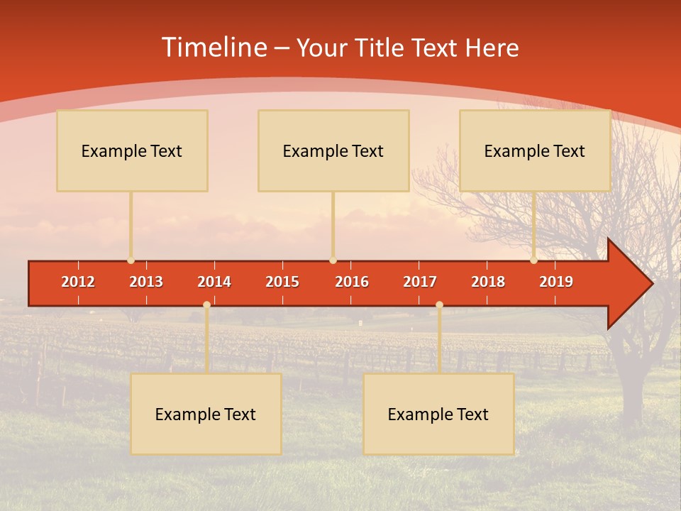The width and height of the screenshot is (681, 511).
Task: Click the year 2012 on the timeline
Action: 78,282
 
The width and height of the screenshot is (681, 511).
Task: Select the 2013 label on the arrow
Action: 146,282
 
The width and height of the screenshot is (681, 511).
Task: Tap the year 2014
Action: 214,282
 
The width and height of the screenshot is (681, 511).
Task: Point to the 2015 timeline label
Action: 282,282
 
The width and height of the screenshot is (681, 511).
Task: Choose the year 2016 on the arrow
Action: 352,282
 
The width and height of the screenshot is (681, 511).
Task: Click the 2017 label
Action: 420,282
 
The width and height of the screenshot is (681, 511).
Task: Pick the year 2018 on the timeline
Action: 488,282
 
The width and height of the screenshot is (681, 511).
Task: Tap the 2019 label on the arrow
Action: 556,282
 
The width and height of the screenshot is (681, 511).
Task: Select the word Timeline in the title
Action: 214,48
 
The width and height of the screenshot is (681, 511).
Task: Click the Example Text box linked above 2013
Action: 132,150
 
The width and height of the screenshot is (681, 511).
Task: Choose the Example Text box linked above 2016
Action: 333,150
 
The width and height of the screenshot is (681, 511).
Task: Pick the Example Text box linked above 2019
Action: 535,150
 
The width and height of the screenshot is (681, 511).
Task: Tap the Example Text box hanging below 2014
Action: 206,414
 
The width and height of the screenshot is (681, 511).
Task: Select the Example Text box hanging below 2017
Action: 438,414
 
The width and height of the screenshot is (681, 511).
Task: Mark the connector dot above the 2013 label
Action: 131,260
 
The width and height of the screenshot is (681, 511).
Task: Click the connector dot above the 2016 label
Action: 333,260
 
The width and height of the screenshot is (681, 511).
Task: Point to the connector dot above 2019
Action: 533,260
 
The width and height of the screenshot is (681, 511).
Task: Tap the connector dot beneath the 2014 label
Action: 206,304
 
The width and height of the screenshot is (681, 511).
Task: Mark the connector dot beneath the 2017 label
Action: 439,304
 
